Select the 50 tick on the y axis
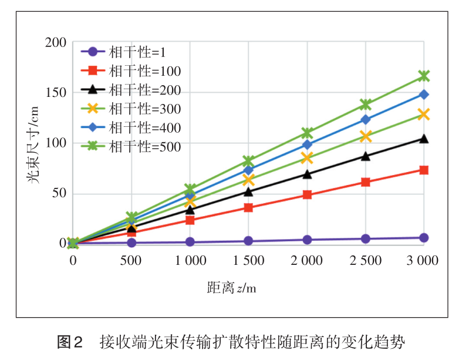pos(58,194)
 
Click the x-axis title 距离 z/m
pos(232,288)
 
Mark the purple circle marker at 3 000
pos(423,238)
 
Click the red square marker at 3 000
pos(423,170)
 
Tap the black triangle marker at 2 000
pos(306,174)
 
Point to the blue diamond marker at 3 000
pos(423,95)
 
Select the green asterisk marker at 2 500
pos(365,105)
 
